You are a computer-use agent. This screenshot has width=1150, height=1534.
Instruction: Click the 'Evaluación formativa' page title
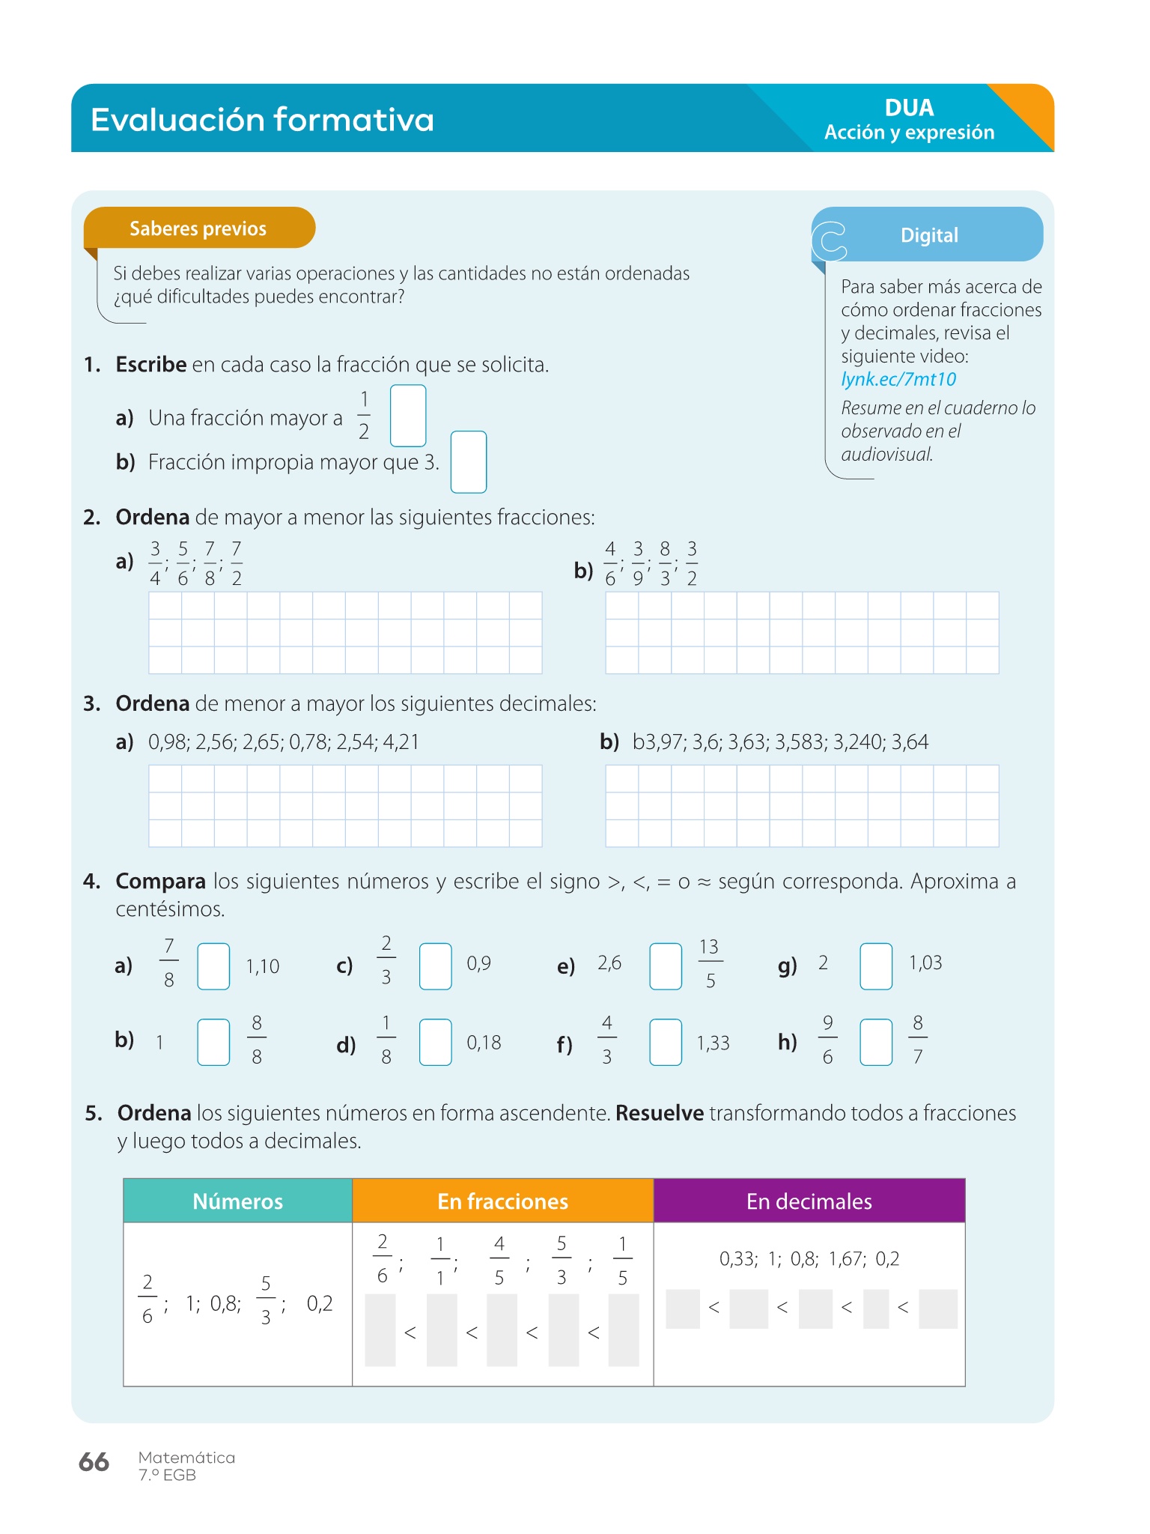[x=262, y=120]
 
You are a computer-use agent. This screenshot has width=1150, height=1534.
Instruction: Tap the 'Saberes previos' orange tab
[x=198, y=228]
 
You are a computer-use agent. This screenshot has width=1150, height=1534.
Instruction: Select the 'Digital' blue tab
[x=928, y=235]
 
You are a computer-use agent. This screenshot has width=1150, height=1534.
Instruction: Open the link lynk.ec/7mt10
[x=898, y=379]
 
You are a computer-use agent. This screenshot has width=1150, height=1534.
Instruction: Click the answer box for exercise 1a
[x=408, y=416]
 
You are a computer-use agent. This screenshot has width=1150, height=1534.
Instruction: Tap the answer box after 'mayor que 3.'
[x=469, y=462]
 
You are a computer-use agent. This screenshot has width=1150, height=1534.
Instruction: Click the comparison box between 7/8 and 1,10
[x=213, y=966]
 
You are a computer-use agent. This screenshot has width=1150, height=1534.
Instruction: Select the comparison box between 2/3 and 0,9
[x=435, y=966]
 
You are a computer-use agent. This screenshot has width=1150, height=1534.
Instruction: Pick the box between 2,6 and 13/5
[x=666, y=966]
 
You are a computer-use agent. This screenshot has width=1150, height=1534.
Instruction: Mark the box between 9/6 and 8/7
[x=876, y=1042]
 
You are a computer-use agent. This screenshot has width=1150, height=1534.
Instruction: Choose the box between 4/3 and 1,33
[x=666, y=1042]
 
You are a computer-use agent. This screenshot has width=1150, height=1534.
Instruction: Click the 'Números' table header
[x=237, y=1201]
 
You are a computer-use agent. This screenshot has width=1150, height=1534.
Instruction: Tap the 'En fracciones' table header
[x=502, y=1201]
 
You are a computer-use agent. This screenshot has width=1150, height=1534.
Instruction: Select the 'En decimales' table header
[x=809, y=1201]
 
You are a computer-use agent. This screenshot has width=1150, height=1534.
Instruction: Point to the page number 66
[x=94, y=1462]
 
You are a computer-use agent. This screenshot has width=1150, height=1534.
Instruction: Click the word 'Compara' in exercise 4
[x=160, y=882]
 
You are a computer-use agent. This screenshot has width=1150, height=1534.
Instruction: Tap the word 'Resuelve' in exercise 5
[x=659, y=1114]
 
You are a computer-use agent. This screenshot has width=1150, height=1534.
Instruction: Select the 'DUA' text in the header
[x=909, y=108]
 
